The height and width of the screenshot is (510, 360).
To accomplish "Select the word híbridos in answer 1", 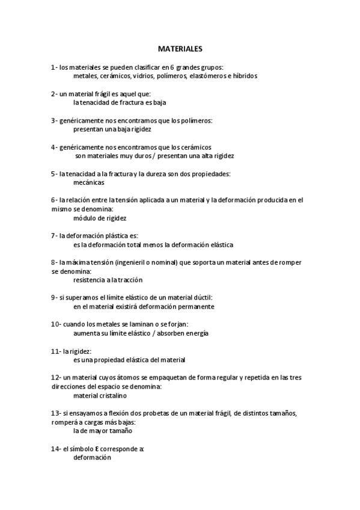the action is [x=243, y=76].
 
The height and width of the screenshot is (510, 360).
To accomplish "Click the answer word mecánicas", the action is [x=88, y=182].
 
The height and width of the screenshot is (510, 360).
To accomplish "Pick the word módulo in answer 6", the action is [x=84, y=218].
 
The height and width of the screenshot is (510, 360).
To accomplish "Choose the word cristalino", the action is [x=112, y=396].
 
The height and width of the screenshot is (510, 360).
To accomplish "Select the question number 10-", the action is [x=56, y=324].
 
